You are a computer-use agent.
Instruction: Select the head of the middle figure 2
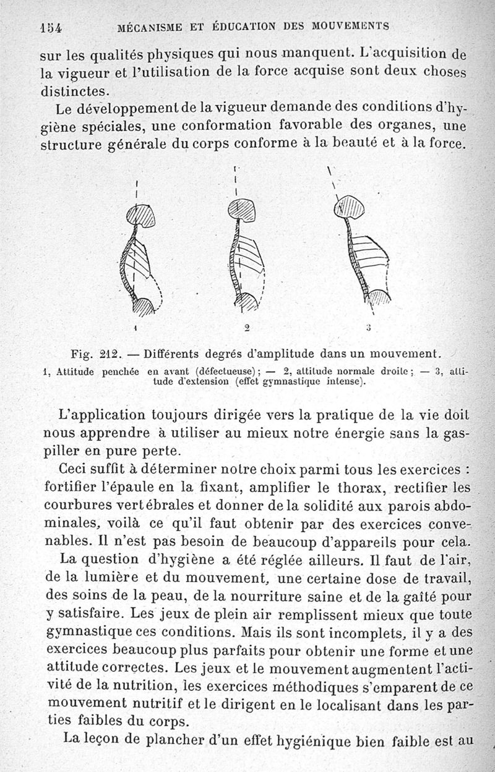click(242, 210)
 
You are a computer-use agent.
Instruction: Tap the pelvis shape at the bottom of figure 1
click(145, 305)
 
